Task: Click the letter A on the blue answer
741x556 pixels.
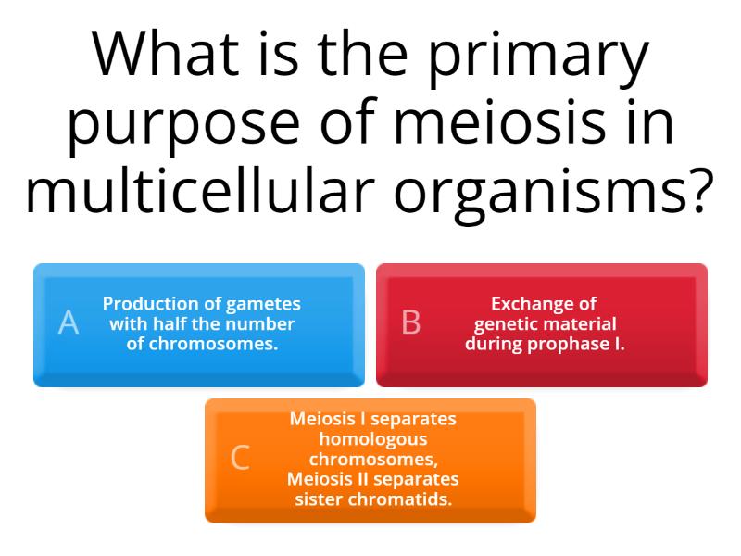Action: pyautogui.click(x=69, y=322)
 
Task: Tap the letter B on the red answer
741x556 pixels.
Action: pyautogui.click(x=411, y=322)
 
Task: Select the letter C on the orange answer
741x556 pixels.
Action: pyautogui.click(x=240, y=458)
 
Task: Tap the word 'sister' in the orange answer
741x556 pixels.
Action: pyautogui.click(x=320, y=499)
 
